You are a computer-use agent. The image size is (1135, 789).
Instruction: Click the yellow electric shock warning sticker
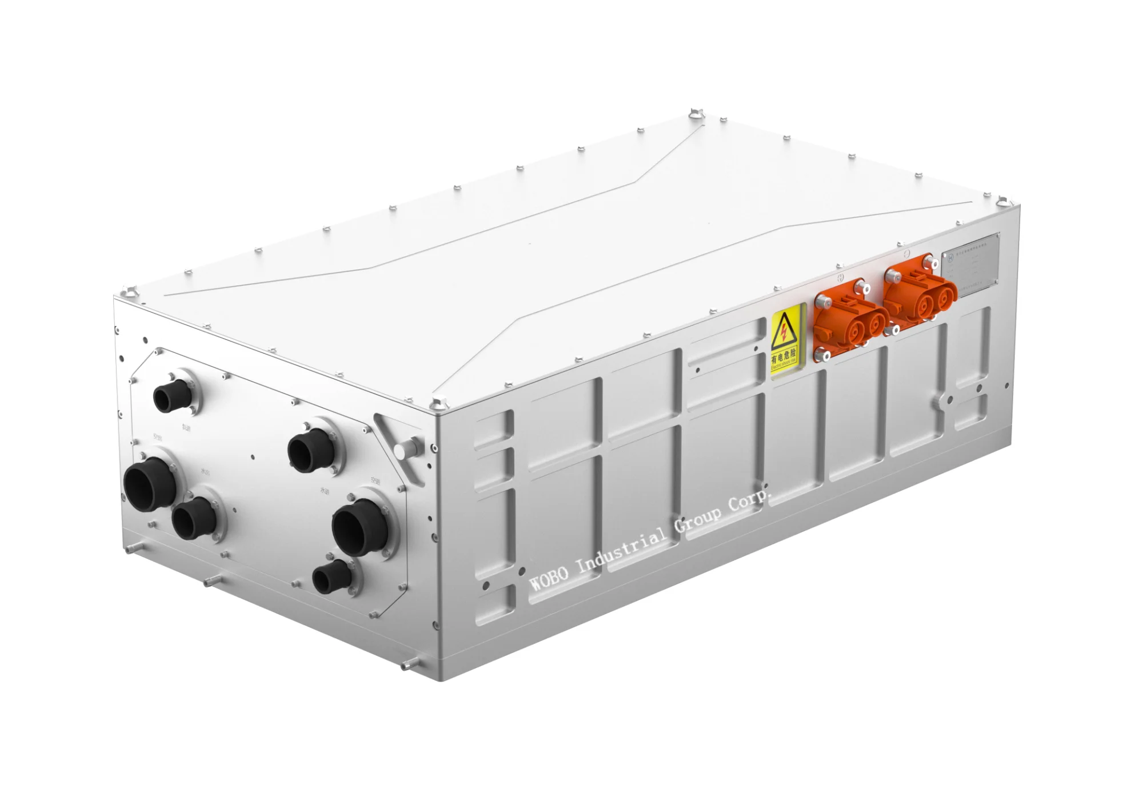tap(786, 342)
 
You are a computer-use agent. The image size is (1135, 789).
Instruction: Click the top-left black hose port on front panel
tap(170, 396)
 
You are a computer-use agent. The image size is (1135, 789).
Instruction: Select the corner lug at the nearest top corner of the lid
tap(439, 404)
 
